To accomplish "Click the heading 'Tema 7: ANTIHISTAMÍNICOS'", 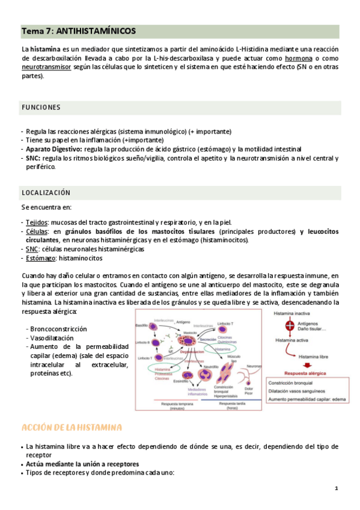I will pos(79,30).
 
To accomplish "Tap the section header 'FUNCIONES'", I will pos(41,107).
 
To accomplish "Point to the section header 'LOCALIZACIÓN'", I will pos(46,193).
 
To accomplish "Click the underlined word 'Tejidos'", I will pos(37,222).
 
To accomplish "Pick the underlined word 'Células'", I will pos(37,231).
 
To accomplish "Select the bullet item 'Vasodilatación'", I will pos(52,338).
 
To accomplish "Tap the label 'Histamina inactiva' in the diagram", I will pos(291,313).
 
